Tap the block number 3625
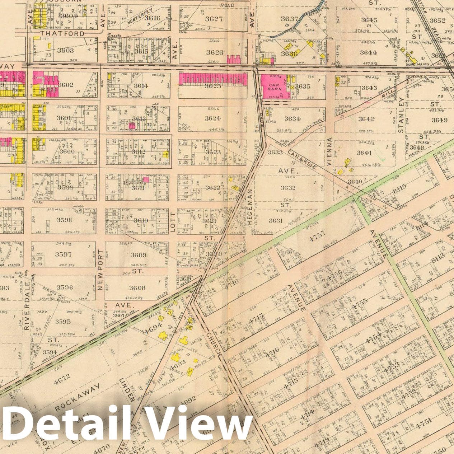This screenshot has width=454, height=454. pyautogui.click(x=212, y=86)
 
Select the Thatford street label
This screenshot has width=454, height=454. pyautogui.click(x=62, y=33)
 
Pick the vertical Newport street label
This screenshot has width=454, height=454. pyautogui.click(x=100, y=270)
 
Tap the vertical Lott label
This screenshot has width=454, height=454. pyautogui.click(x=173, y=224)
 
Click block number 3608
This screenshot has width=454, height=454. pyautogui.click(x=137, y=287)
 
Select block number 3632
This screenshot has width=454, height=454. pyautogui.click(x=288, y=187)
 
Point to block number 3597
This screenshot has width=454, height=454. pyautogui.click(x=64, y=254)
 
